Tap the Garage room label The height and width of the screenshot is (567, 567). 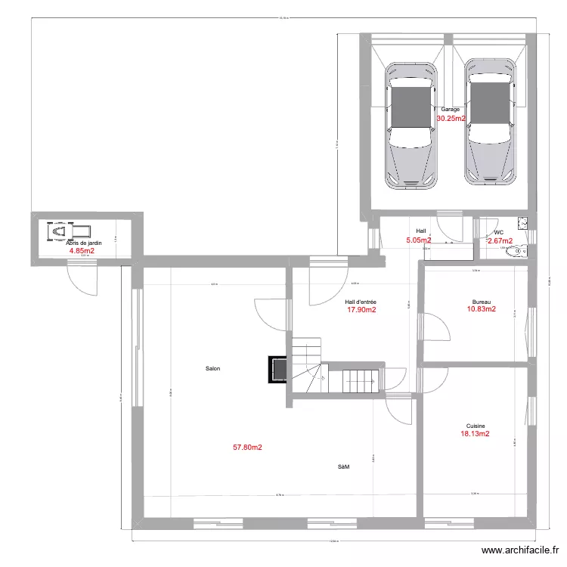coord(451,110)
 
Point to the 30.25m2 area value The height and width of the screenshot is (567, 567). coord(451,119)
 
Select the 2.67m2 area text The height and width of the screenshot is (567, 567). coord(500,241)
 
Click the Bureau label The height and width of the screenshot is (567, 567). coord(482,300)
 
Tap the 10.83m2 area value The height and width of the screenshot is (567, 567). coord(482,309)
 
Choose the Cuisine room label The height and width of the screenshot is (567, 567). coord(476,426)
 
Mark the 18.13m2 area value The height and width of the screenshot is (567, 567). coord(475,435)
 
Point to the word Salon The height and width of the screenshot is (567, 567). coord(212,369)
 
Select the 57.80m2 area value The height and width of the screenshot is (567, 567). coord(247,448)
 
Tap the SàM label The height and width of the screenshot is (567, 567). coord(343,467)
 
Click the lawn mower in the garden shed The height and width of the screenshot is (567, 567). coord(67,231)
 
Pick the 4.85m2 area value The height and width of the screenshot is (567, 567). coord(82,251)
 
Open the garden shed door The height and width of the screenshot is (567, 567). coord(81,275)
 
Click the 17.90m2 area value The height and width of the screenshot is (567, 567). coord(361,309)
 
